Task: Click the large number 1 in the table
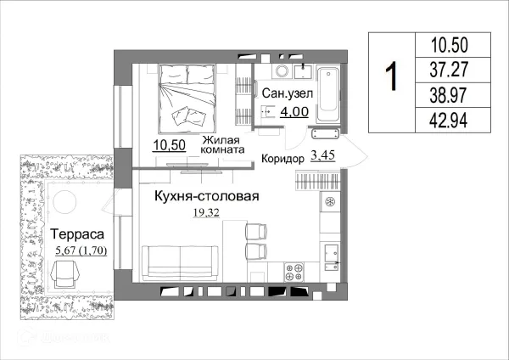(391, 79)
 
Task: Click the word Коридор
(283, 158)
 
